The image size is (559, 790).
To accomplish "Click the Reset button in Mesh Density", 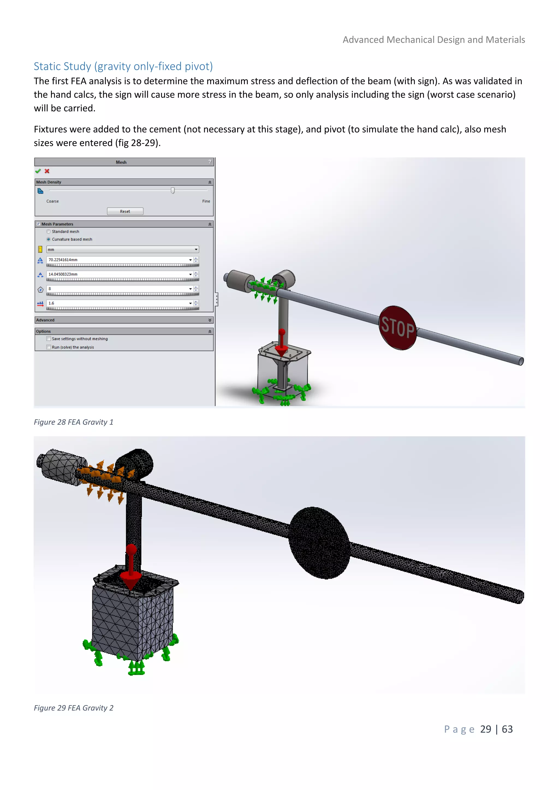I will [125, 211].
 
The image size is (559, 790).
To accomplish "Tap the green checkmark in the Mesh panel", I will [38, 171].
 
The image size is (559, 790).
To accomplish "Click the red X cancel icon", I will [47, 171].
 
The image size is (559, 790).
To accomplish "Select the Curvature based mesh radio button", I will [49, 239].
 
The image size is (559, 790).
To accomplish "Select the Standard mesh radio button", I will [49, 232].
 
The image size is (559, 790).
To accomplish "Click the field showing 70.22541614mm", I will [117, 260].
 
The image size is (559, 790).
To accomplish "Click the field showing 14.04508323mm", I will [117, 274].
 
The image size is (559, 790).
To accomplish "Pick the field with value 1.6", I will [117, 303].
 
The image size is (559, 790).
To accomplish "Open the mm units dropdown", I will [122, 249].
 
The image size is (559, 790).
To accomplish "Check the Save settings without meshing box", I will [49, 339].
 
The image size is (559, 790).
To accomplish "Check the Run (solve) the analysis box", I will [49, 347].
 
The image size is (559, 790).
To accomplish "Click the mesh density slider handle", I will [173, 190].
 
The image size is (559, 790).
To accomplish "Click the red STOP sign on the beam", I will [398, 328].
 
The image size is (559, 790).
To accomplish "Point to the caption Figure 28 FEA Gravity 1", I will [73, 422].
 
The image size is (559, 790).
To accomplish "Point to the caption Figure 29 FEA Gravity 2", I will [73, 708].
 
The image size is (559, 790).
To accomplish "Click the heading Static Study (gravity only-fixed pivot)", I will [123, 66].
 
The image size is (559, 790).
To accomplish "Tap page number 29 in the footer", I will [485, 729].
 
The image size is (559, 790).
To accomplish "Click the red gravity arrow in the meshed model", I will [131, 568].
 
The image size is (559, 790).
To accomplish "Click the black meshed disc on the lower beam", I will [319, 543].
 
